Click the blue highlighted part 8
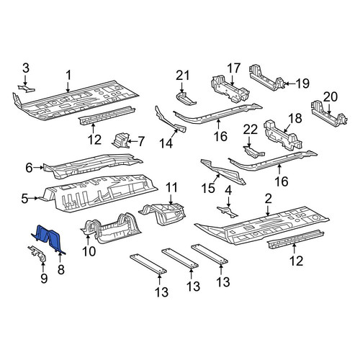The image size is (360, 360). point(48,239)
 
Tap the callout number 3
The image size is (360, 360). point(26,68)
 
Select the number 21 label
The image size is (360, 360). point(183,76)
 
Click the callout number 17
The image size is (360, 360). point(234,68)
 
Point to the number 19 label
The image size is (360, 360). point(302,84)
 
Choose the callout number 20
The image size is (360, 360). point(330,97)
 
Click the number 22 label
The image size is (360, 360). point(251,130)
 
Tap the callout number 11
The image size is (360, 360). point(171,187)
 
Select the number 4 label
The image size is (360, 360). point(228,191)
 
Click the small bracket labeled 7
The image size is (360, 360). point(120,141)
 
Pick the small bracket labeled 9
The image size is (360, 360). point(37,253)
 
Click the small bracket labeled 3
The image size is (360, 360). point(27,88)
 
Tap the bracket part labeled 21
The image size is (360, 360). point(186,99)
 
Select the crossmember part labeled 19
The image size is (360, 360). point(266,78)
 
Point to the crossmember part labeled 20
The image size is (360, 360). point(329,114)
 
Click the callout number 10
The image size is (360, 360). point(89,251)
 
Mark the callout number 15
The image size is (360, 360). point(208,188)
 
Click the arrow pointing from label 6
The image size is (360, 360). point(38,168)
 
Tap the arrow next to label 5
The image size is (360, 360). point(34,198)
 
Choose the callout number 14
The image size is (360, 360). point(166,143)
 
